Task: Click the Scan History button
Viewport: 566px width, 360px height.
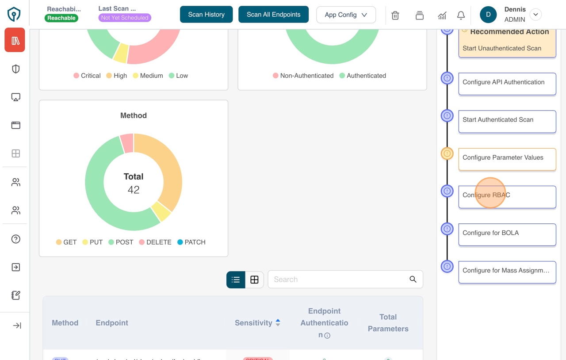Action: (x=206, y=15)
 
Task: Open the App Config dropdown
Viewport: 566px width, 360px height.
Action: (x=346, y=15)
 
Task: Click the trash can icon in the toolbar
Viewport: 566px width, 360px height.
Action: (x=395, y=15)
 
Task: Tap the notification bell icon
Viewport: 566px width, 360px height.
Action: (x=461, y=15)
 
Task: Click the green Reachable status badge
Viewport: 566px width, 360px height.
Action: (x=61, y=18)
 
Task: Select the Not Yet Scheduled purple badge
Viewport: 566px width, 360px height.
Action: (x=124, y=18)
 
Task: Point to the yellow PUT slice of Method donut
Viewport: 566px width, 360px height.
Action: (x=161, y=211)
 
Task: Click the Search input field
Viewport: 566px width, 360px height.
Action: (x=338, y=280)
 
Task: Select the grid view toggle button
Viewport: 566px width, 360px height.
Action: (x=254, y=280)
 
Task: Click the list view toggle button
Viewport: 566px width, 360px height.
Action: (x=236, y=280)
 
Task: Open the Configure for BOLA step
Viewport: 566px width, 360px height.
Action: (x=507, y=233)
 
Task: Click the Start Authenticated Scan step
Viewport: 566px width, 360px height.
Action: (x=507, y=120)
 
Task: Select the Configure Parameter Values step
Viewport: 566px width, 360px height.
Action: (x=507, y=158)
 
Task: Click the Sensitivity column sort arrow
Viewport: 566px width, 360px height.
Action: (x=278, y=323)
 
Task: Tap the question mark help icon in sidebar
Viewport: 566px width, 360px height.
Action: (x=16, y=239)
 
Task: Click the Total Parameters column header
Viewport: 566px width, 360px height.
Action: (x=388, y=323)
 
